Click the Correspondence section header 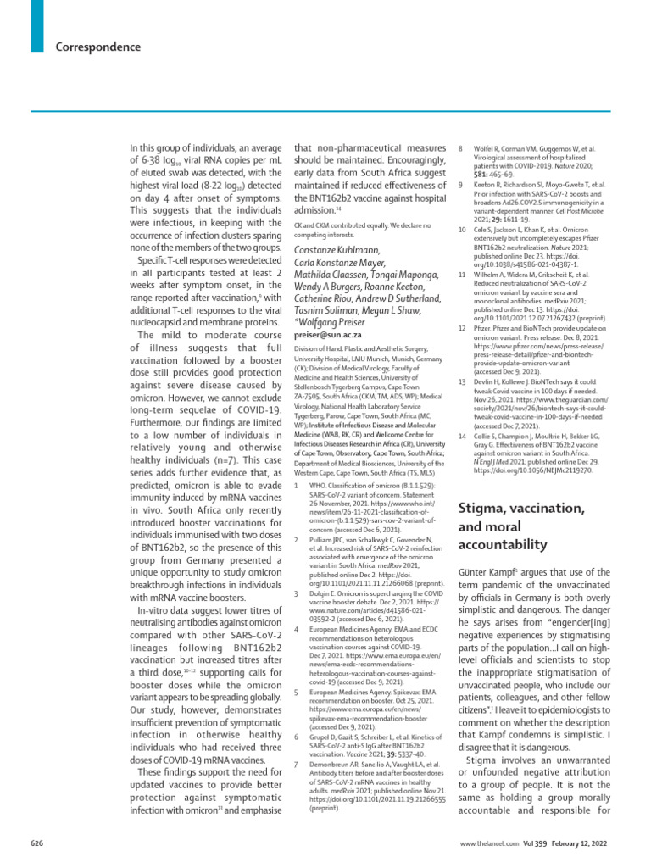pyautogui.click(x=98, y=47)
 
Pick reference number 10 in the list pyautogui.click(x=462, y=230)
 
